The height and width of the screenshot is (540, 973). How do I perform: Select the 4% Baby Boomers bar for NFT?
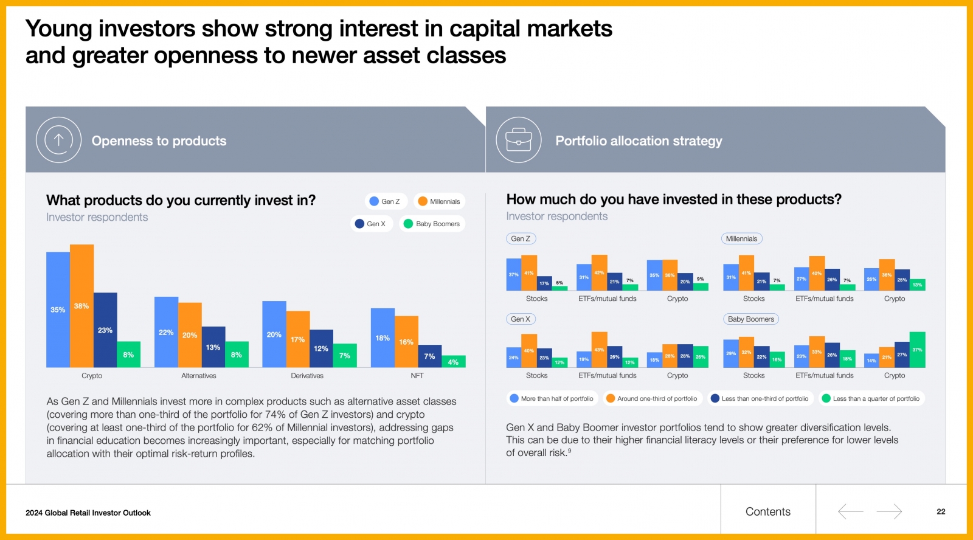pyautogui.click(x=453, y=361)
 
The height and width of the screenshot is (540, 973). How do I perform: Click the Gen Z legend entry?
pyautogui.click(x=385, y=201)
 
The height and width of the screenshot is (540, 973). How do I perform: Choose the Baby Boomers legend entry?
pyautogui.click(x=432, y=224)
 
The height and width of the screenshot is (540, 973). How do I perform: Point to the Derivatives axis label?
pyautogui.click(x=307, y=376)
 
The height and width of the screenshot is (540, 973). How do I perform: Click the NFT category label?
pyautogui.click(x=417, y=376)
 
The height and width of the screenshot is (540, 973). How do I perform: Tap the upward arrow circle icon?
pyautogui.click(x=58, y=140)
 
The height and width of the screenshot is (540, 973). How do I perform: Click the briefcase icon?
pyautogui.click(x=519, y=140)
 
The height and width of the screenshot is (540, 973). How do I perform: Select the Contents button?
pyautogui.click(x=768, y=511)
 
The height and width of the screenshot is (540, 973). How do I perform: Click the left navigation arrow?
pyautogui.click(x=850, y=511)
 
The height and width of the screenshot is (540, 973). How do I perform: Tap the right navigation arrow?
pyautogui.click(x=889, y=511)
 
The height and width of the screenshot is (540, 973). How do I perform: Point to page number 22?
pyautogui.click(x=941, y=511)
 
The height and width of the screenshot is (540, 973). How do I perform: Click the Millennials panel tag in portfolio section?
pyautogui.click(x=741, y=239)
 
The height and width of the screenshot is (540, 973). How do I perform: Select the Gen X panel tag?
pyautogui.click(x=521, y=319)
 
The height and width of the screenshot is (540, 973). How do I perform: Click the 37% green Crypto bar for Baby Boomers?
pyautogui.click(x=917, y=350)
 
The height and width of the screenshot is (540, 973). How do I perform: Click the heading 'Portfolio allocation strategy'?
pyautogui.click(x=639, y=141)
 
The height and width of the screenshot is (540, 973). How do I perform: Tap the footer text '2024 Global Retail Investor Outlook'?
pyautogui.click(x=88, y=513)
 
